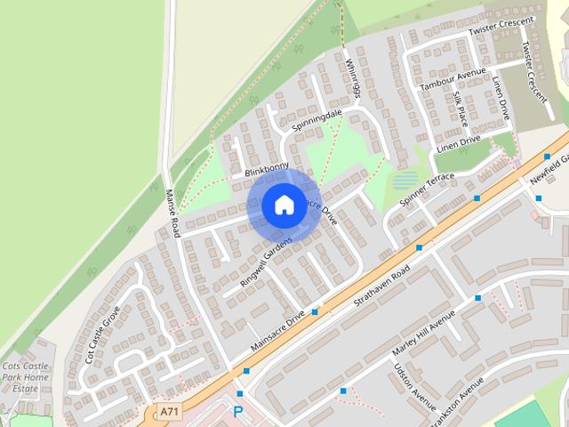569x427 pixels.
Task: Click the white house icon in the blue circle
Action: pos(284,205)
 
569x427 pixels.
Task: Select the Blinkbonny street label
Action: pos(267,169)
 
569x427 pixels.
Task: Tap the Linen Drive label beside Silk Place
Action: pos(501,98)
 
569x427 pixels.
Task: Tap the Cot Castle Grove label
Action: pos(102,334)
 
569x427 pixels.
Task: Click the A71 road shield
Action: pos(169,411)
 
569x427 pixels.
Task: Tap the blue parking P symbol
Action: pos(237,411)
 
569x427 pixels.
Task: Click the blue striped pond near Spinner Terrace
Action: pos(405,181)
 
